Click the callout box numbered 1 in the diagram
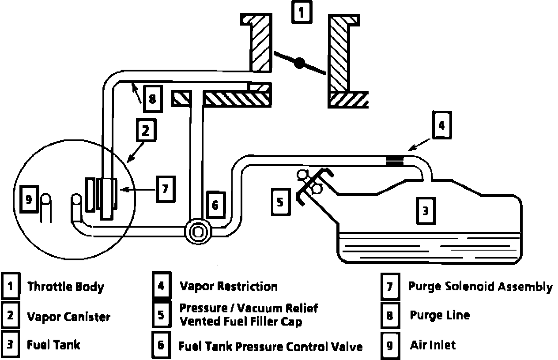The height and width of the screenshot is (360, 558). point(302,12)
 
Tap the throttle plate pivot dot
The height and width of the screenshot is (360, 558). point(300,63)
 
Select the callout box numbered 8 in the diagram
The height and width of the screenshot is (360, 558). point(152,98)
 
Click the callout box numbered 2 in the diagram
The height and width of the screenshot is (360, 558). point(146,131)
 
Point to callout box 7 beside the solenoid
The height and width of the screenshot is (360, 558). point(165,189)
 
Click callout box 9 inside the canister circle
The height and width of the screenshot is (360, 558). point(29,200)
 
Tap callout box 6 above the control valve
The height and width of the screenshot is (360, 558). point(215,205)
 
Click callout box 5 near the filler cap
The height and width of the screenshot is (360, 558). point(280,202)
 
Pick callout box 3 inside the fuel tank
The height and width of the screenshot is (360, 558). point(425,210)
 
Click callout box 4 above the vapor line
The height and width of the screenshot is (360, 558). point(441,126)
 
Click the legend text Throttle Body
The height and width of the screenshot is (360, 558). point(66,287)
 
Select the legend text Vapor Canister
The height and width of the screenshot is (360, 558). point(69,316)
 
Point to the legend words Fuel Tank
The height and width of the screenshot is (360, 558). point(54,344)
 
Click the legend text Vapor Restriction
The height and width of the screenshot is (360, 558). point(229,286)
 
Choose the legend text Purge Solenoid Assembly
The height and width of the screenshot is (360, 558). point(480,287)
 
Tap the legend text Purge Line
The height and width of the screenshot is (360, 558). point(440,315)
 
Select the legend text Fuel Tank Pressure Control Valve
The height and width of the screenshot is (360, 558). point(271,346)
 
